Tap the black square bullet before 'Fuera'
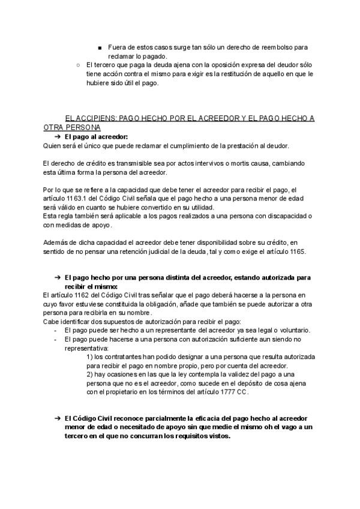pyautogui.click(x=99, y=47)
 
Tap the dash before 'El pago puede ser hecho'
pyautogui.click(x=55, y=331)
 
